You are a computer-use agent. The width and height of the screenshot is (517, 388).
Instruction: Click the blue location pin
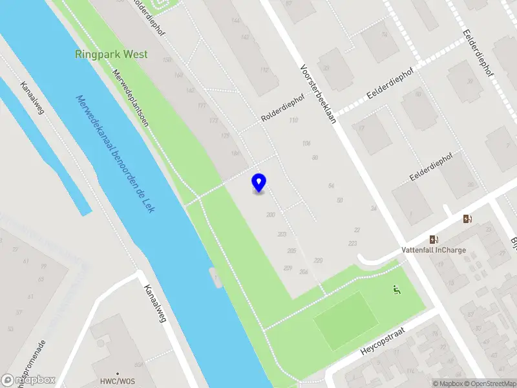(259, 182)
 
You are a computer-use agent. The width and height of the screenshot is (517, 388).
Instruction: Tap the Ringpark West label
(111, 55)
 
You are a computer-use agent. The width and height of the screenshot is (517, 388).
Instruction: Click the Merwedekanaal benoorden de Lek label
(116, 155)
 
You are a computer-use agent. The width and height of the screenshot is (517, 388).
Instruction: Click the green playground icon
(396, 290)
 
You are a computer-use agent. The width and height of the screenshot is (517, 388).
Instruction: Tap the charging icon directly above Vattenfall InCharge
(435, 239)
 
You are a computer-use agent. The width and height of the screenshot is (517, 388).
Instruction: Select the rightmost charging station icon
(467, 219)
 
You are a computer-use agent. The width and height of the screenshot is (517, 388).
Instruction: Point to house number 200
(270, 215)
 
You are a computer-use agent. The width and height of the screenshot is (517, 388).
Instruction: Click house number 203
(282, 234)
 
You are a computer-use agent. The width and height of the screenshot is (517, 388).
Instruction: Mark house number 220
(318, 260)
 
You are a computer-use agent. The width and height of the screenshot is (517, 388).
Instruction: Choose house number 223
(352, 243)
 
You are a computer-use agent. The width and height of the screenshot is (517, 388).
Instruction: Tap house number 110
(294, 121)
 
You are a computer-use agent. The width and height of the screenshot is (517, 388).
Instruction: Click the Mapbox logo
(28, 380)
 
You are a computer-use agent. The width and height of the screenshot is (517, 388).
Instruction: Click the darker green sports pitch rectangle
(346, 319)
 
